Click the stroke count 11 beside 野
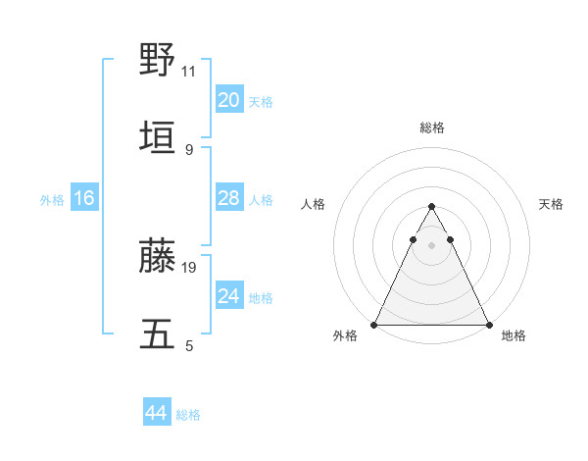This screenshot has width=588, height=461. pos(189,72)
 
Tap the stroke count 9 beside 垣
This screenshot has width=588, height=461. pos(189,149)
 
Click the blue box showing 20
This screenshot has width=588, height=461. pos(229,100)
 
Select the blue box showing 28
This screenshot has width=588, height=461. pos(229,198)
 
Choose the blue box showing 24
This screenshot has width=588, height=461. pos(229,296)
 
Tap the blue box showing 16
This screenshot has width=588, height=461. pos(84,198)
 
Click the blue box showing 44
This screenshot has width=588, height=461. pos(156,413)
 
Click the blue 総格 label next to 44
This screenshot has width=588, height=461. pos(188,415)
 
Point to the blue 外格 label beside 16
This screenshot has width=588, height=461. pos(52,199)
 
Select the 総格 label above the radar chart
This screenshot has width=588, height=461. pos(431,128)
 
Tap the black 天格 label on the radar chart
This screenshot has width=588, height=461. pos(552,204)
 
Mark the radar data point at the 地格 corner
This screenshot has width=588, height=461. pos(488,324)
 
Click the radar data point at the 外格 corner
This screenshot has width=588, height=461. pos(374,324)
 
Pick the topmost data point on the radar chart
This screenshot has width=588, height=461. pos(431,207)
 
